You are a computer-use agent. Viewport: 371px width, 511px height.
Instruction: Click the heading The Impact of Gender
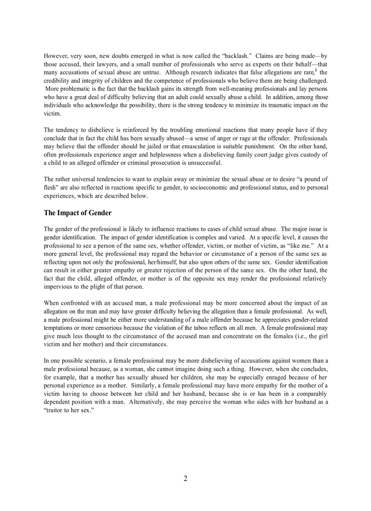click(77, 213)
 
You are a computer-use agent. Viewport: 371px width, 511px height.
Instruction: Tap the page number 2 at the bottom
click(185, 478)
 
